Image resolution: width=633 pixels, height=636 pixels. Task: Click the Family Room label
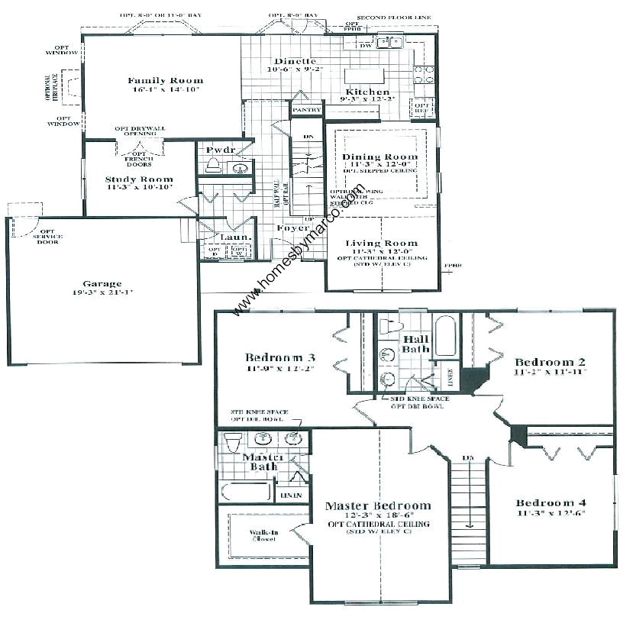coord(165,80)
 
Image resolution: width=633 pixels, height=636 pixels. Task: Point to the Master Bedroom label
coord(377,505)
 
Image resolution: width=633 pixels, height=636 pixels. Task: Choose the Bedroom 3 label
coord(280,357)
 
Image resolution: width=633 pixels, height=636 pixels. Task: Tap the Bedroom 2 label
coord(550,361)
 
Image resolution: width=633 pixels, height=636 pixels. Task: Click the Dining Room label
coord(379,157)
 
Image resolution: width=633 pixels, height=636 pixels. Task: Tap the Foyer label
coord(292,228)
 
